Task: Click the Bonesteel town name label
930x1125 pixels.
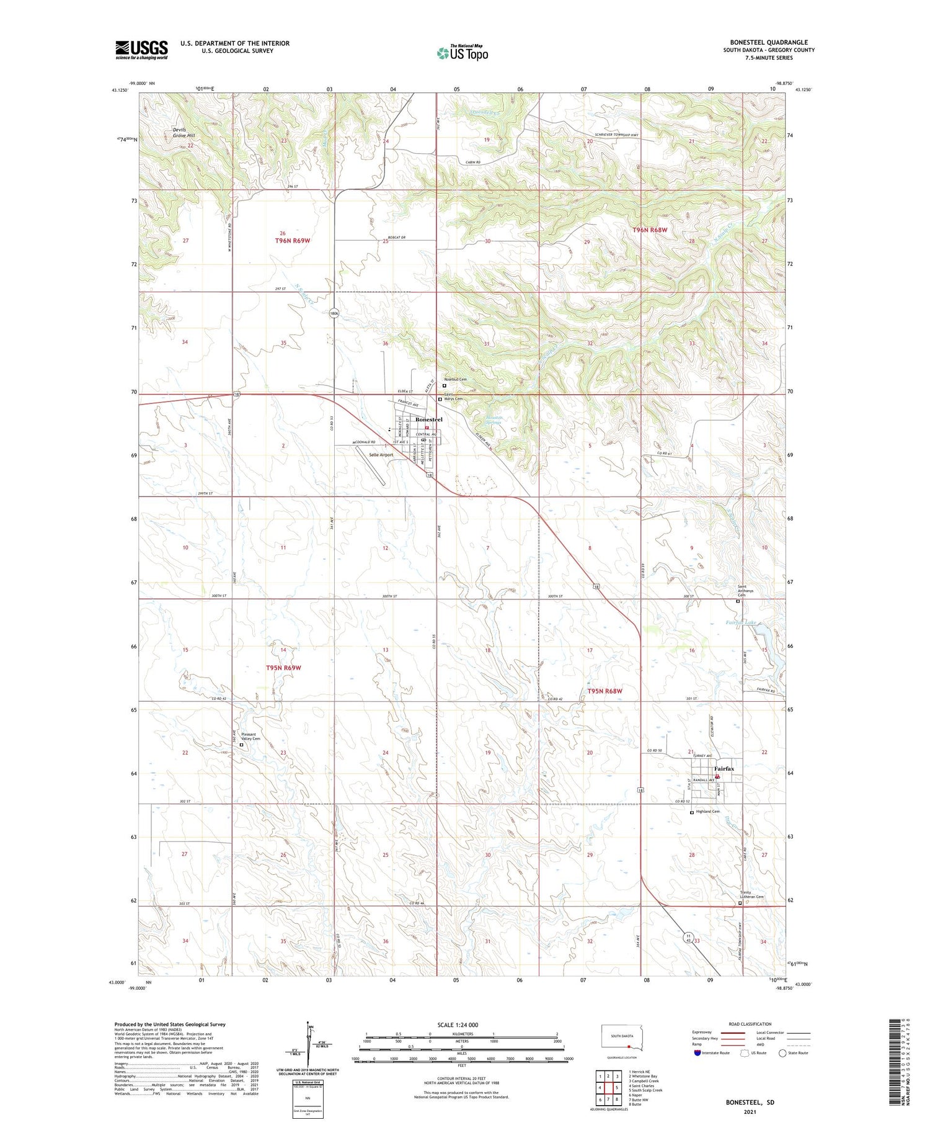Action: [x=428, y=420]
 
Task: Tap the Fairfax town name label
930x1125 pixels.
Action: [x=724, y=768]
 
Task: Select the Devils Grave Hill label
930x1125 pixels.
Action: [x=184, y=132]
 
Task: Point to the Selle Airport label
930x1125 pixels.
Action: [x=381, y=455]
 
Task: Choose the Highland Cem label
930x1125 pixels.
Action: [x=707, y=812]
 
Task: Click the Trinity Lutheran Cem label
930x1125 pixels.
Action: [x=751, y=895]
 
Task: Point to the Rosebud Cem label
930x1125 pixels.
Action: [x=455, y=379]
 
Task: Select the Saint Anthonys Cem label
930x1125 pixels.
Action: [x=746, y=591]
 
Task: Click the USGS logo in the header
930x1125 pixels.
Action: [x=141, y=50]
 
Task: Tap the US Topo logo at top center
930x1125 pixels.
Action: [x=462, y=53]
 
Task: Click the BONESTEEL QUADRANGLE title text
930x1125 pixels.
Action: [x=769, y=42]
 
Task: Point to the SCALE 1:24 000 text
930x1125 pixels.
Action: [x=458, y=1024]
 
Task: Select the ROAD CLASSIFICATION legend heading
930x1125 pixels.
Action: [x=750, y=1024]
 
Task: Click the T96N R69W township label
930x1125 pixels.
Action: [x=292, y=240]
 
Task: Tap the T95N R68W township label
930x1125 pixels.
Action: [x=604, y=691]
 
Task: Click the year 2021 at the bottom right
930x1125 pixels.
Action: [x=750, y=1111]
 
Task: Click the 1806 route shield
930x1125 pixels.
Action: [x=334, y=313]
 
